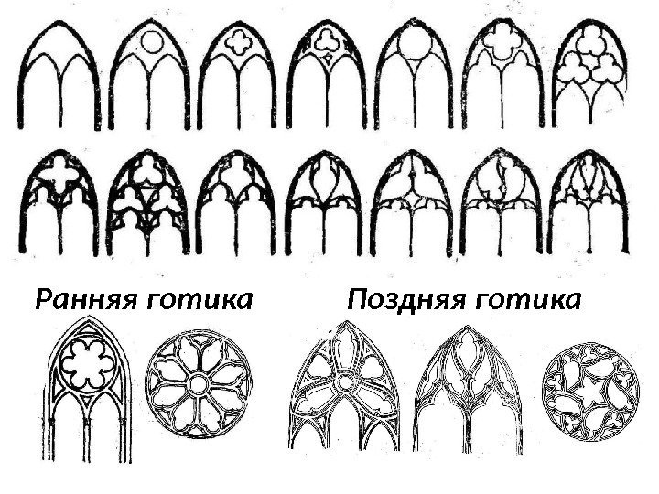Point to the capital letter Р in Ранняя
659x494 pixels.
pyautogui.click(x=42, y=300)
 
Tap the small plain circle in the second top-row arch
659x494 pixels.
pyautogui.click(x=152, y=41)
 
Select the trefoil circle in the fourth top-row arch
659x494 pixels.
pyautogui.click(x=328, y=41)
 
